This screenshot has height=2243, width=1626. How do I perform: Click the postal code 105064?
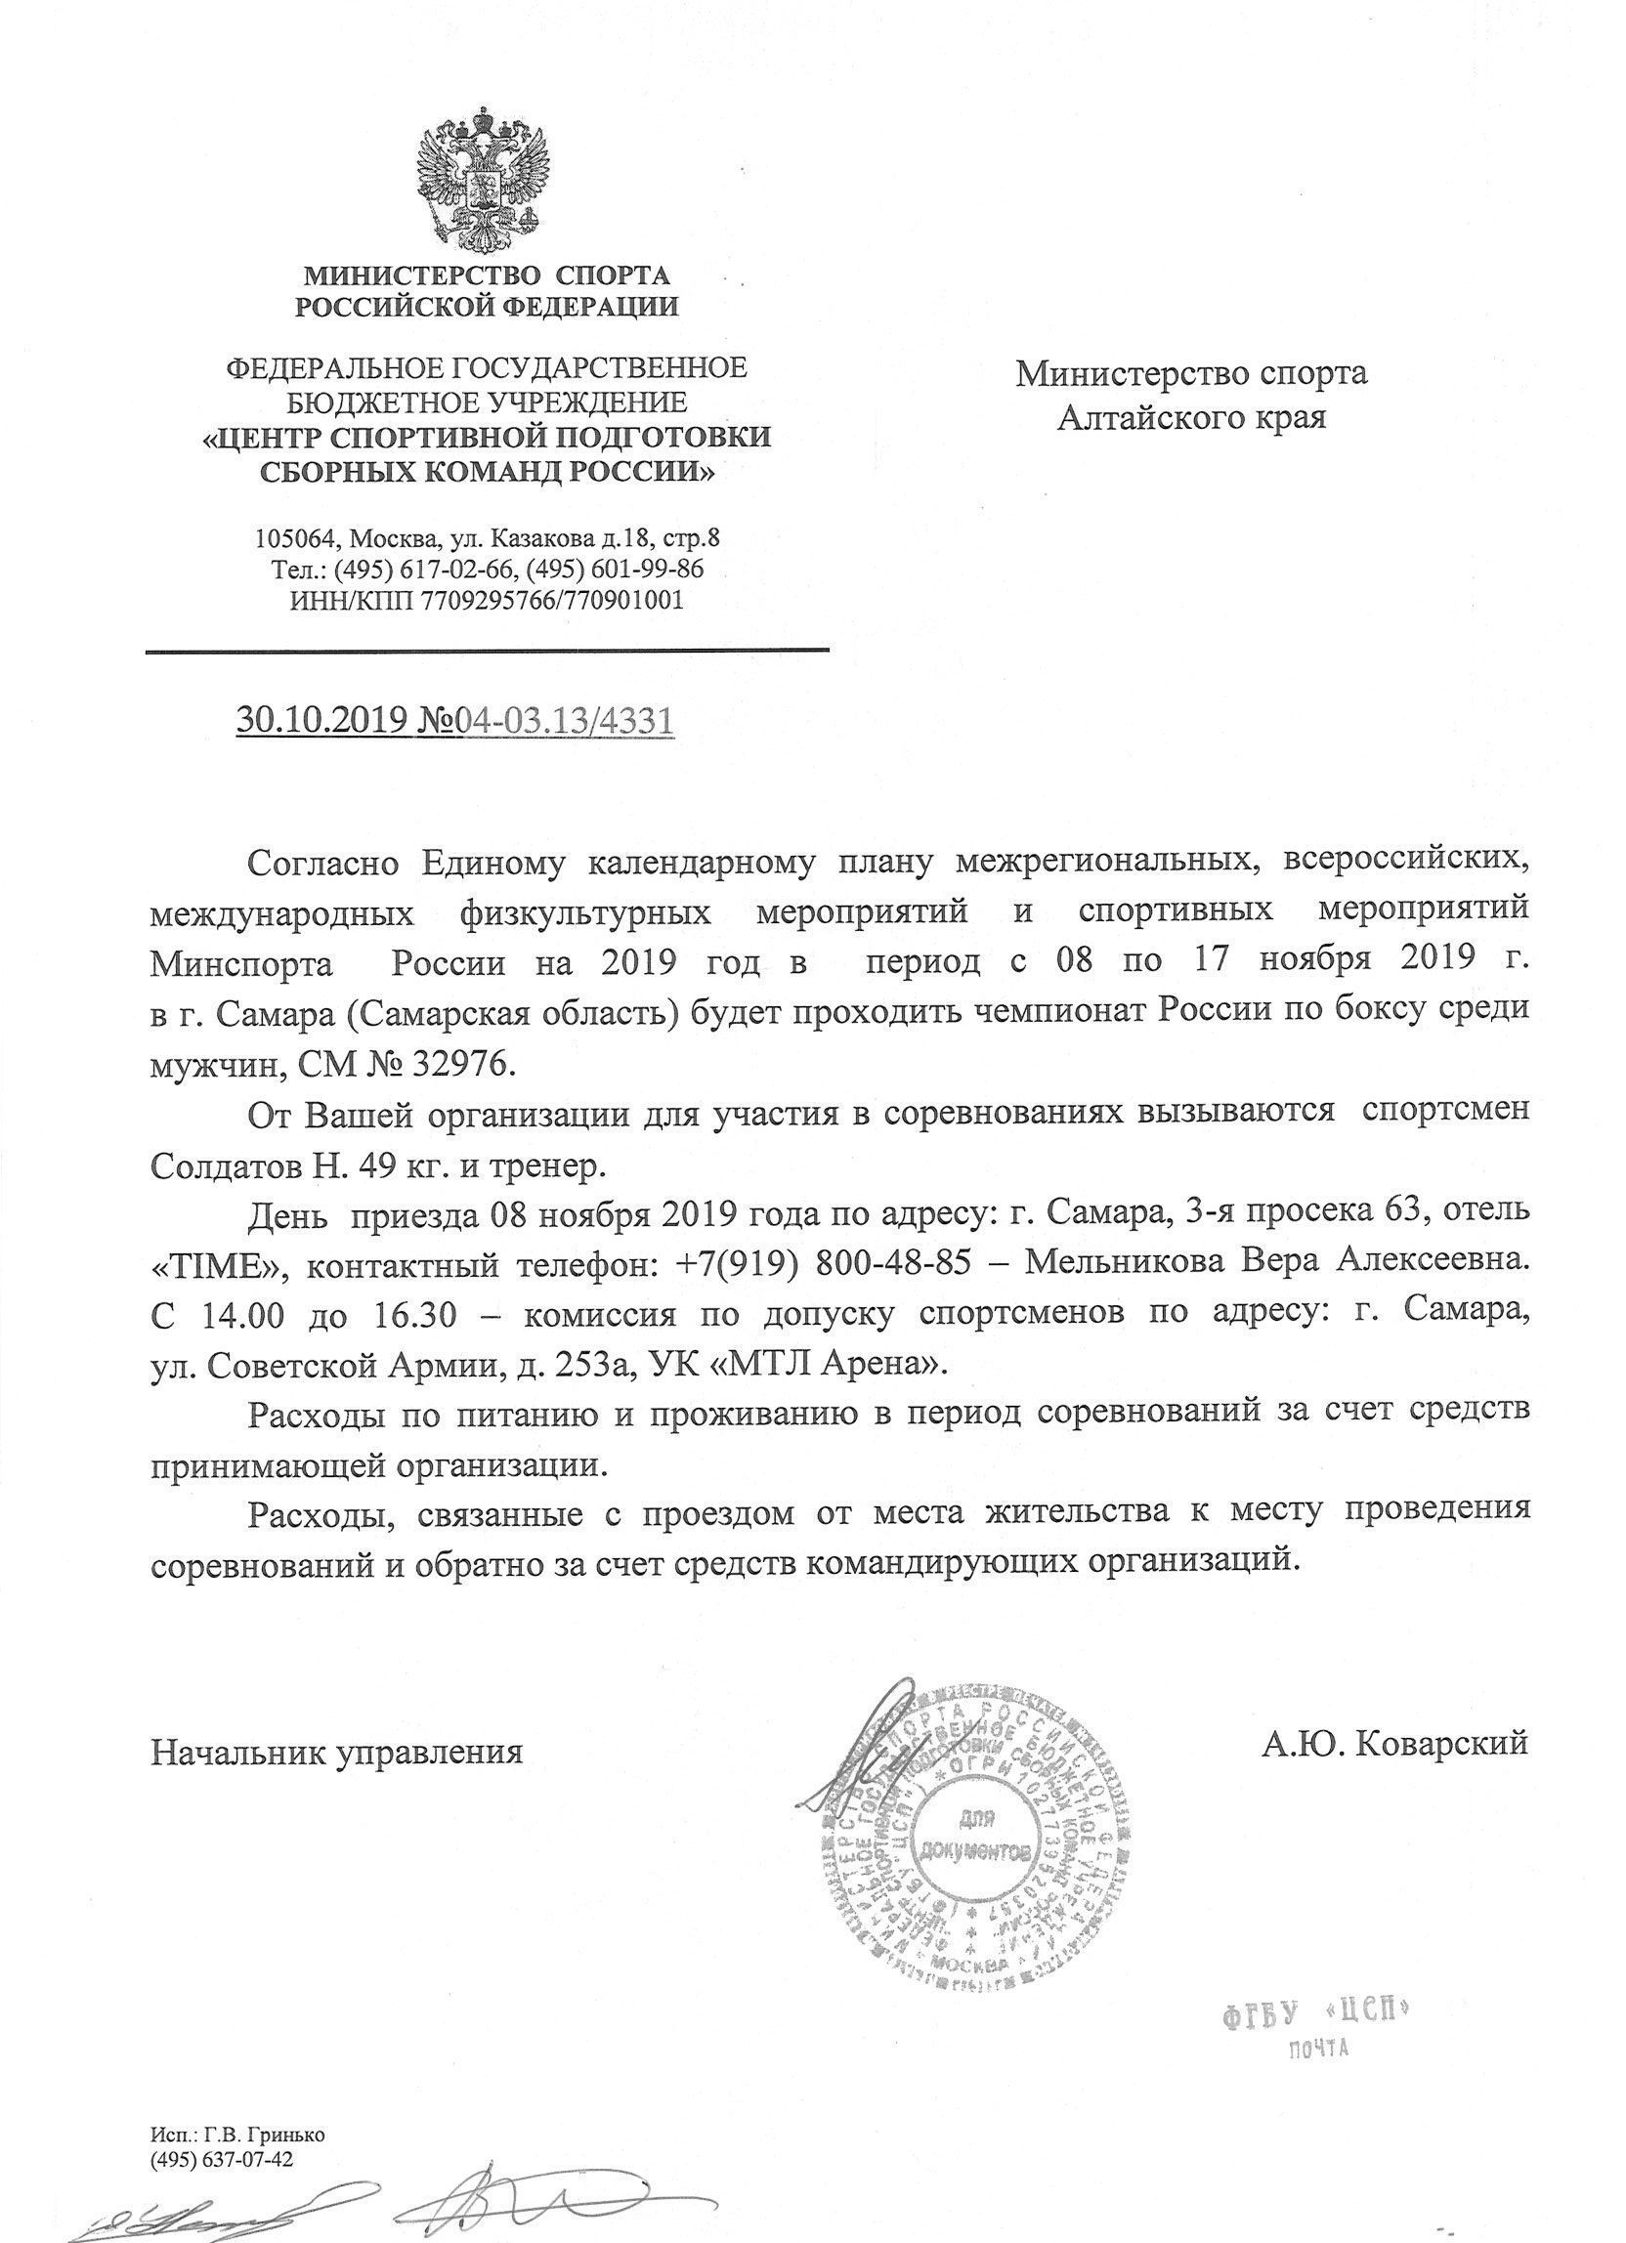click(x=292, y=540)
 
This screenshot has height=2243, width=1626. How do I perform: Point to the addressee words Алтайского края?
click(x=1192, y=417)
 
